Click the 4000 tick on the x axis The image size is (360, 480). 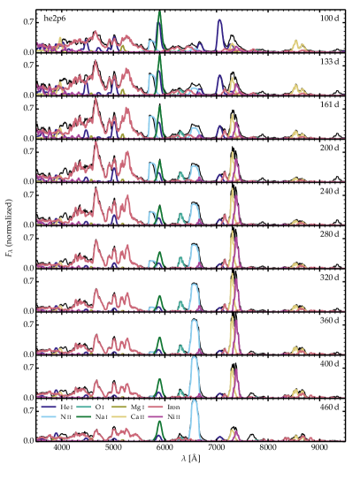(62, 450)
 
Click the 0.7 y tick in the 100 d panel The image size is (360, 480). (29, 22)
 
